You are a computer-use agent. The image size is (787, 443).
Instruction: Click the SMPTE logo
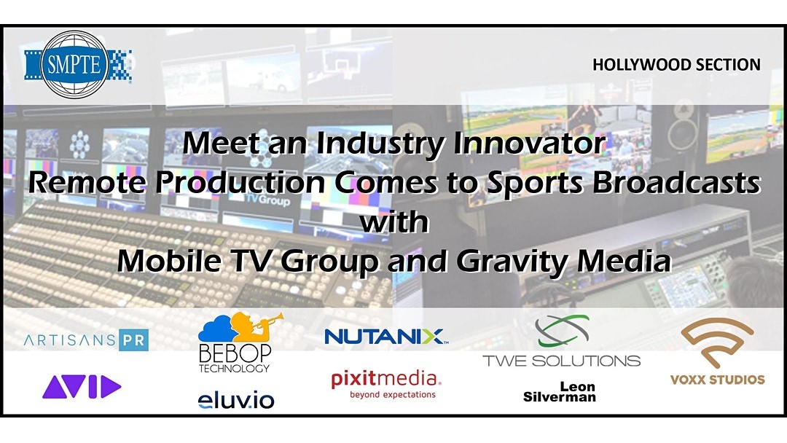pyautogui.click(x=78, y=64)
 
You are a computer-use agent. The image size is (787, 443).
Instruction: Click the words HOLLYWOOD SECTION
pyautogui.click(x=676, y=65)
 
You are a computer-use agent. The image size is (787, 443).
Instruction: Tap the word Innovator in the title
pyautogui.click(x=530, y=144)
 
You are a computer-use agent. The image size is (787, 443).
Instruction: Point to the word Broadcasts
pyautogui.click(x=676, y=183)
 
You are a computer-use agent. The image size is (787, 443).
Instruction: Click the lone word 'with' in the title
pyautogui.click(x=394, y=222)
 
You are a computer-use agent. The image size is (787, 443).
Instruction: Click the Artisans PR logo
pyautogui.click(x=86, y=340)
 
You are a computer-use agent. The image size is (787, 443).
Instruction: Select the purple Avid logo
pyautogui.click(x=82, y=387)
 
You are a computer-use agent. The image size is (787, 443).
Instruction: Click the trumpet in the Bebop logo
pyautogui.click(x=267, y=321)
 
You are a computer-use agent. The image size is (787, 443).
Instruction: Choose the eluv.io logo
pyautogui.click(x=236, y=400)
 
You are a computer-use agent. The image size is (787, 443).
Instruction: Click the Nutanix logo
pyautogui.click(x=385, y=337)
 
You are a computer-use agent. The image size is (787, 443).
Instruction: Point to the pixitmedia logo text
pyautogui.click(x=385, y=380)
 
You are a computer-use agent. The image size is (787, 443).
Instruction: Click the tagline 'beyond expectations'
pyautogui.click(x=393, y=395)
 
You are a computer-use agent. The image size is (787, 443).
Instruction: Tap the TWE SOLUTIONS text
pyautogui.click(x=562, y=361)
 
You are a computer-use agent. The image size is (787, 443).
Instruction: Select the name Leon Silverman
pyautogui.click(x=560, y=392)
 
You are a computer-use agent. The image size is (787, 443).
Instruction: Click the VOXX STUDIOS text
pyautogui.click(x=717, y=380)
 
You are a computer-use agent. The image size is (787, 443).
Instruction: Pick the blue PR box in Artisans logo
pyautogui.click(x=134, y=340)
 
